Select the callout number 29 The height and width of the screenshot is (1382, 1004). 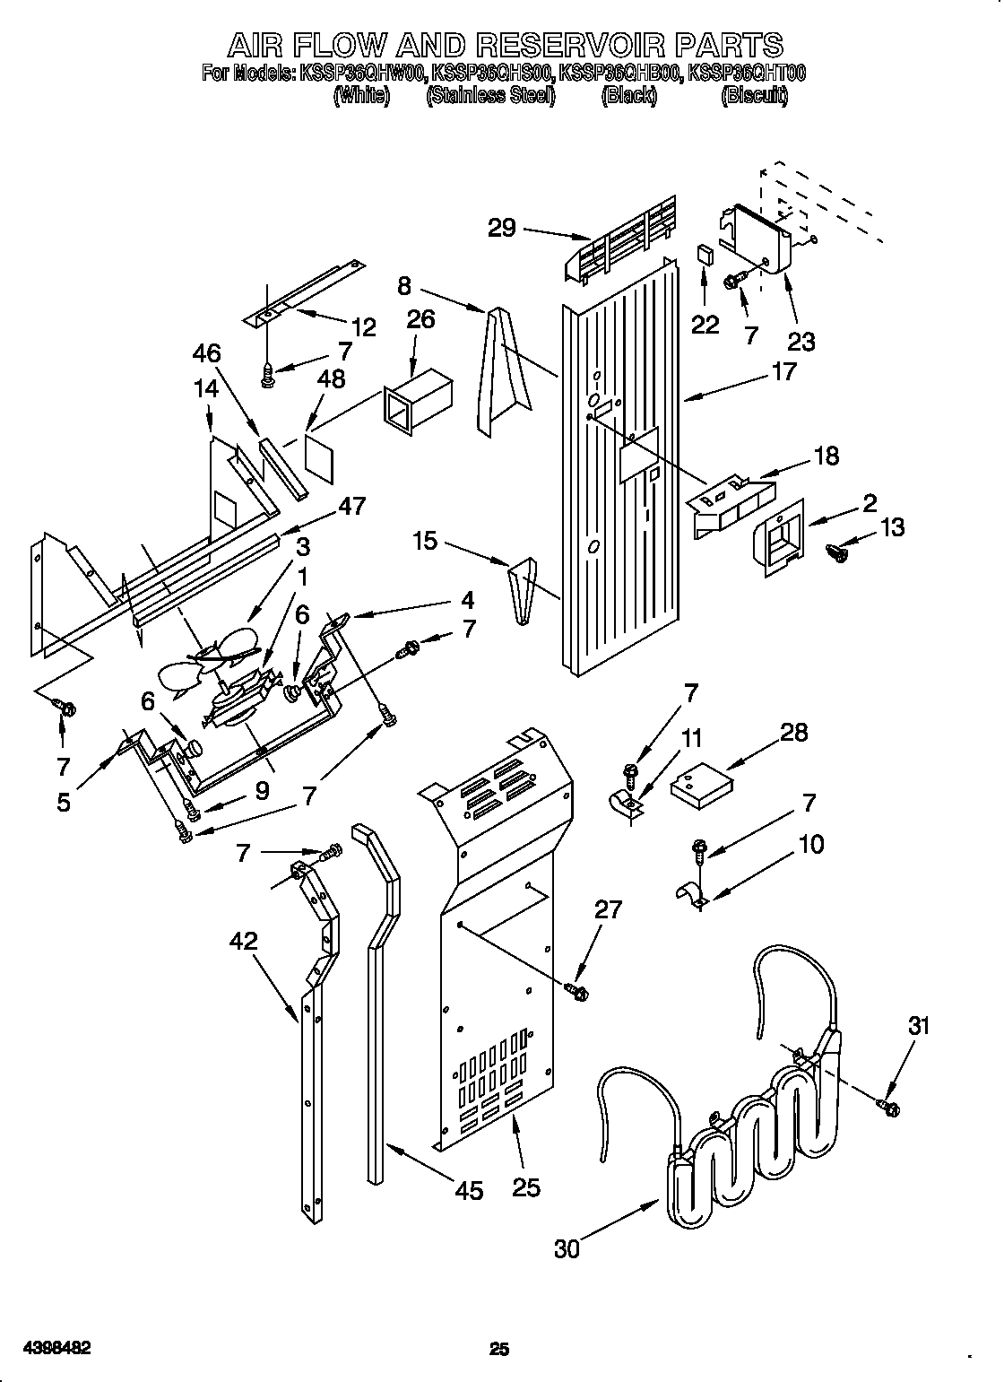coord(502,228)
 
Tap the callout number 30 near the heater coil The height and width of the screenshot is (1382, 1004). coord(567,1248)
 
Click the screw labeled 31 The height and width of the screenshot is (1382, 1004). coord(890,1108)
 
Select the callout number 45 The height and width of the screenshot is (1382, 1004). coord(469,1190)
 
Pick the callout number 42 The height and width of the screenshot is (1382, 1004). coord(244,941)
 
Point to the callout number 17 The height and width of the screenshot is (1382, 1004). coord(783,370)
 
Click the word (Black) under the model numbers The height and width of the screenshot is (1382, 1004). coord(628,96)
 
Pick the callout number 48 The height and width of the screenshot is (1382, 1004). coord(331,379)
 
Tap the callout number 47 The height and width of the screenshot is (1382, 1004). coord(351,507)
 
